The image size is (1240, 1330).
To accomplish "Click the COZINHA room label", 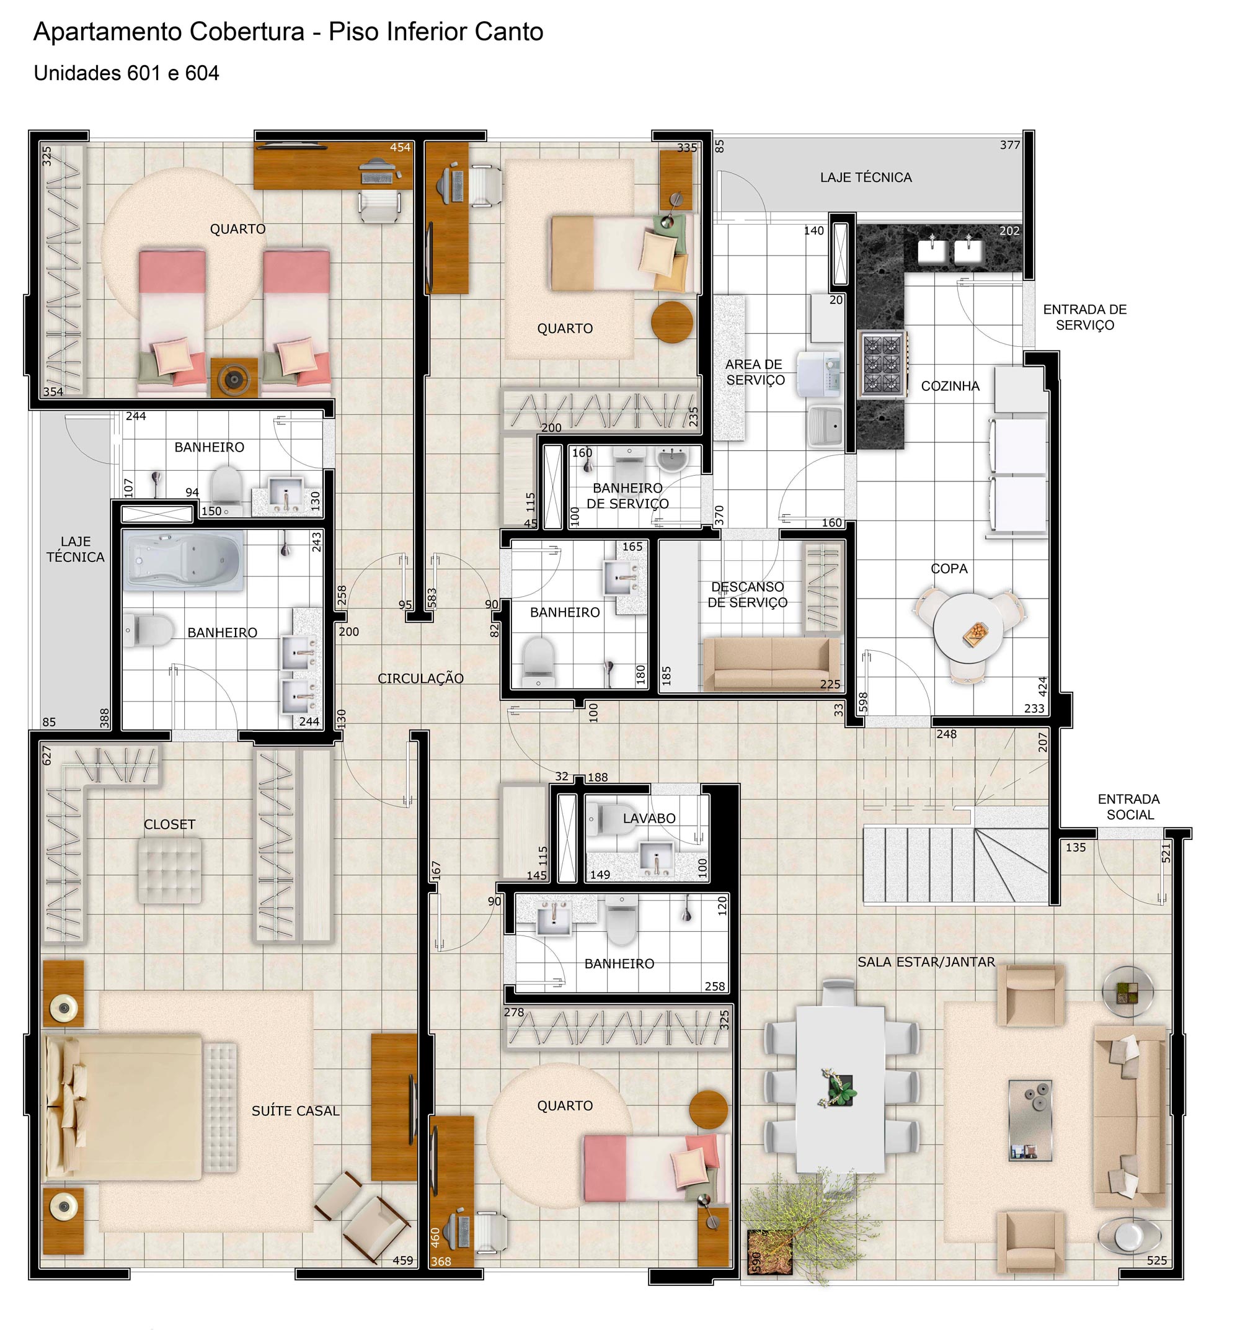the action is click(950, 386).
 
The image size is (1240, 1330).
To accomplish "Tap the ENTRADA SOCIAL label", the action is click(1129, 807).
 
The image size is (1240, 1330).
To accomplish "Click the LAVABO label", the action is click(649, 818).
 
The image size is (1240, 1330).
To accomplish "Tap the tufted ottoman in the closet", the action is click(169, 870).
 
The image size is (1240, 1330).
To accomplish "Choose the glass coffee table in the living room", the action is click(1030, 1120).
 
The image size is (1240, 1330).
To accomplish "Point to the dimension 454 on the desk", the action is click(400, 147).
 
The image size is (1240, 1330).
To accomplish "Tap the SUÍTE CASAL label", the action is click(295, 1110).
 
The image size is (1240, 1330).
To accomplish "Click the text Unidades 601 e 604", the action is click(126, 73).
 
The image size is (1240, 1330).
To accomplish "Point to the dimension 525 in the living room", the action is click(1156, 1261).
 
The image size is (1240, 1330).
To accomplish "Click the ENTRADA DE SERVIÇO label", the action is click(1084, 317).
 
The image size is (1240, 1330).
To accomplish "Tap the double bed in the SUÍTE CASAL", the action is click(124, 1107).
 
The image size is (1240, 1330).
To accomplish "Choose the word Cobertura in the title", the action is click(247, 32).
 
